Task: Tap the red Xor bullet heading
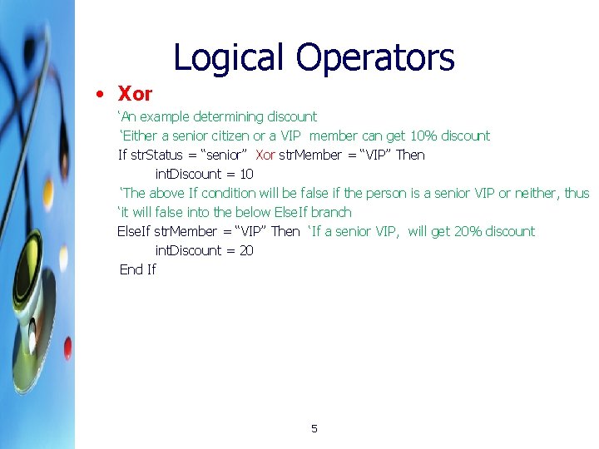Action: click(135, 94)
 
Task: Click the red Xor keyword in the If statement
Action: click(265, 155)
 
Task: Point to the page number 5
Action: click(314, 429)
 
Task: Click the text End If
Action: click(138, 269)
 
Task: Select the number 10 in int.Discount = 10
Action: click(246, 174)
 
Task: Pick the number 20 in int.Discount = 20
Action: click(246, 250)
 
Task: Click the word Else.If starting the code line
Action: click(134, 231)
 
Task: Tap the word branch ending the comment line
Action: click(331, 212)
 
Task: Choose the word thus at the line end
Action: click(577, 193)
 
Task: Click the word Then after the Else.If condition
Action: click(285, 231)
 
